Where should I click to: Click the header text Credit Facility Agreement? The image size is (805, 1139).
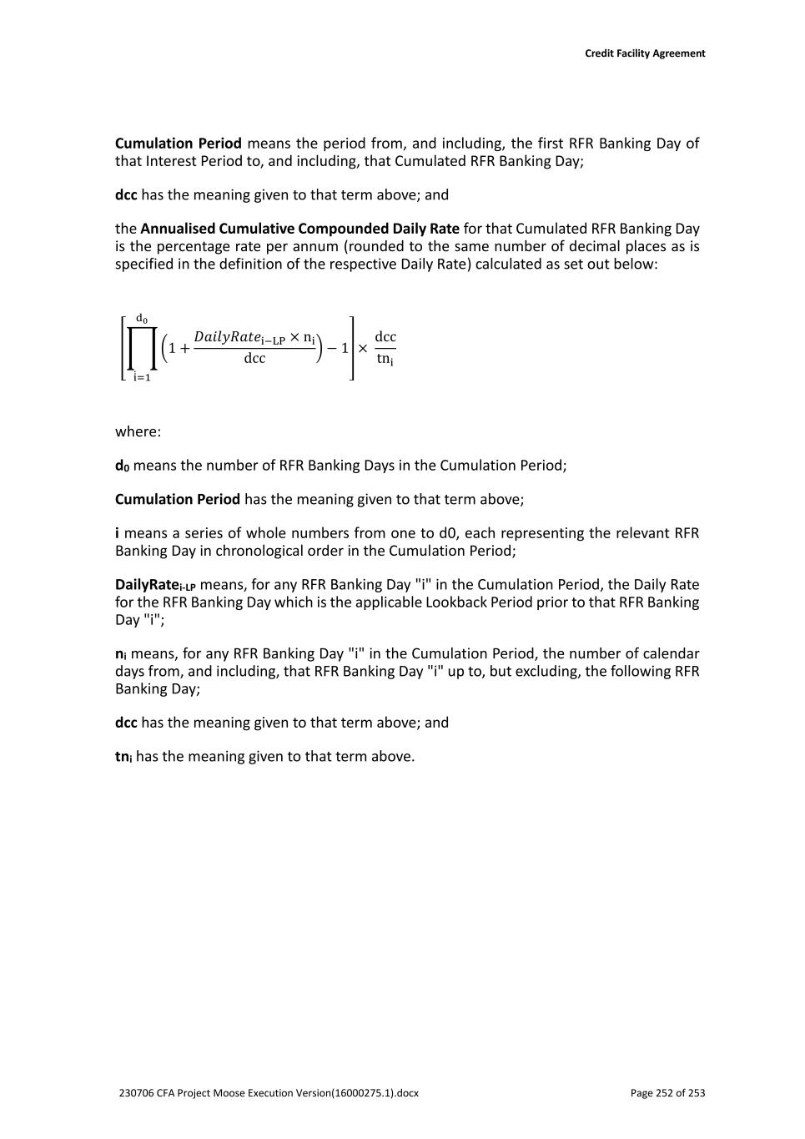coord(644,53)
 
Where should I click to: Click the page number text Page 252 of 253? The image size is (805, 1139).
coord(667,1093)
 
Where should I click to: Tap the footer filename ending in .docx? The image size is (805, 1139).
coord(269,1093)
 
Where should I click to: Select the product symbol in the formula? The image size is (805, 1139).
coord(142,348)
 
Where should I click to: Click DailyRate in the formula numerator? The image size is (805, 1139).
coord(227,336)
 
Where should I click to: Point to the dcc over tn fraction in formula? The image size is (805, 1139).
coord(385,348)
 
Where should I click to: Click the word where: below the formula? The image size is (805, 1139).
coord(138,431)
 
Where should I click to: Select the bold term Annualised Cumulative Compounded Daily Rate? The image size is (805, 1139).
coord(299,229)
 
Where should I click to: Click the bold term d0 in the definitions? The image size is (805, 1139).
coord(122,466)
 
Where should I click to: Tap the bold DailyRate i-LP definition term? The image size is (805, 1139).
coord(155,585)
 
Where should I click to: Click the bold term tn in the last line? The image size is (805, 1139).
coord(123,757)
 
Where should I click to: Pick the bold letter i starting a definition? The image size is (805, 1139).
coord(118,533)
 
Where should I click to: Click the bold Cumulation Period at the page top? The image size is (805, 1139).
coord(178,144)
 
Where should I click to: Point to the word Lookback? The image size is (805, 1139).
coord(456,602)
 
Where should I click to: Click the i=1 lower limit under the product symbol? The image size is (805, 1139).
coord(142,377)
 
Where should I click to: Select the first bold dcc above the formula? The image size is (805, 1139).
coord(126,195)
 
